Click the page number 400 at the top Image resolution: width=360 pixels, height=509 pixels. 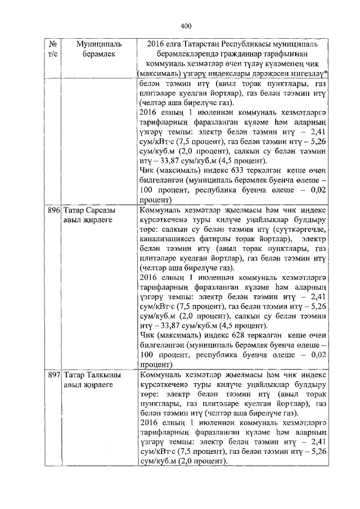coord(187,26)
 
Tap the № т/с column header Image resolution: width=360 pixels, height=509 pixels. coord(52,48)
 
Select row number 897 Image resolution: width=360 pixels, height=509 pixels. coord(53,375)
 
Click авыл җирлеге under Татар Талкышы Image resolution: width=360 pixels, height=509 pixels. coord(88,385)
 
